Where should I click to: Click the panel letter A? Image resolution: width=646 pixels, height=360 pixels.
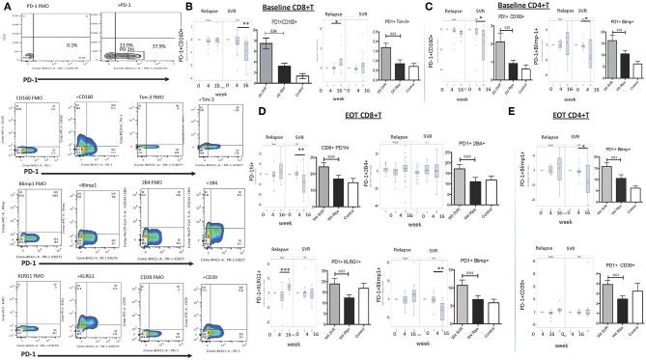(x=6, y=6)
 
